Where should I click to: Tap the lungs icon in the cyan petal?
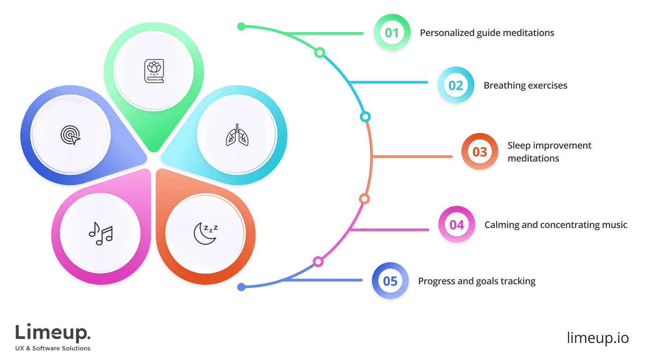pos(236,135)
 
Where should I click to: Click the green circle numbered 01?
pos(392,33)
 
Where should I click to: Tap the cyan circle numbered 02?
pos(455,85)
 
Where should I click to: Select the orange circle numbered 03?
pos(479,152)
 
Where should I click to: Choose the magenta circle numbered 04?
pos(456,225)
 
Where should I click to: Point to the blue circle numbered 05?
pos(390,281)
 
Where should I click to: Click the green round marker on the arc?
pos(319,53)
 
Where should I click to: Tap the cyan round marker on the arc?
pos(365,117)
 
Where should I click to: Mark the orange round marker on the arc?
pos(364,199)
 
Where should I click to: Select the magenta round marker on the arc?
pos(318,262)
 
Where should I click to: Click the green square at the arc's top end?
pos(241,27)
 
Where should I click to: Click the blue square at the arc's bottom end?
pos(241,287)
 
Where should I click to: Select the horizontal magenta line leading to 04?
pos(392,228)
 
